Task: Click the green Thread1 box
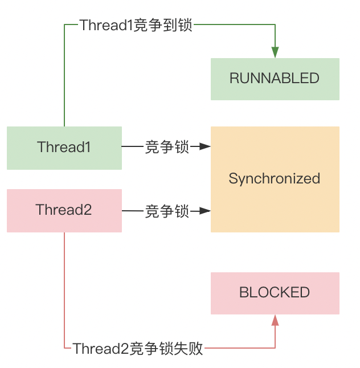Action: [x=64, y=148]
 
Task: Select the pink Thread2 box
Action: [x=64, y=210]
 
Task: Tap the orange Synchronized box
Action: [x=275, y=179]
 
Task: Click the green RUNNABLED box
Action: [x=275, y=79]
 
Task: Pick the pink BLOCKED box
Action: [x=275, y=293]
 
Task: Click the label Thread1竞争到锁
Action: [x=136, y=26]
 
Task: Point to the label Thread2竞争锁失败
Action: [x=137, y=348]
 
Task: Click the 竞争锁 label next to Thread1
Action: [x=166, y=148]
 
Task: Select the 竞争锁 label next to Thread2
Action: [x=166, y=211]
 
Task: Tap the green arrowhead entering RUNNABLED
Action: [x=275, y=52]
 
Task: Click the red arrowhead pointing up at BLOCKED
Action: [x=275, y=320]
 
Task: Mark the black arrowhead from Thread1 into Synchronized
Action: [x=205, y=148]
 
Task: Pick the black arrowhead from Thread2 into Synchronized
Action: [x=205, y=211]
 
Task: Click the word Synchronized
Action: [x=275, y=179]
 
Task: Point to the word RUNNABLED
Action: [x=275, y=79]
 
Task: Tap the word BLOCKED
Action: [x=275, y=293]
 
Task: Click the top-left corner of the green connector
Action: [x=64, y=25]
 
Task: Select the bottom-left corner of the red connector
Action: [x=64, y=348]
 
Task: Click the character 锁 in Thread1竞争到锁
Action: [x=186, y=26]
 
